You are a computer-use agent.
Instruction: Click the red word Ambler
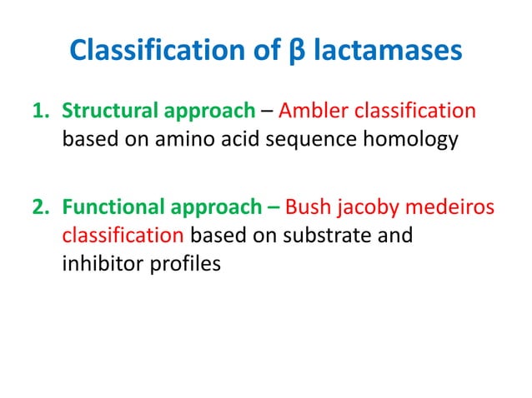coord(316,111)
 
